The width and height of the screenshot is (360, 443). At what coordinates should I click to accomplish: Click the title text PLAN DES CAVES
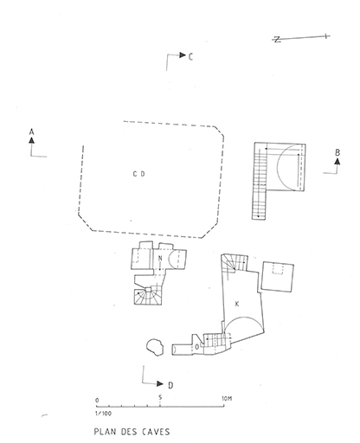132,432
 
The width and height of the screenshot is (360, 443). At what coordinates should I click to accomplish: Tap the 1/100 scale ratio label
103,414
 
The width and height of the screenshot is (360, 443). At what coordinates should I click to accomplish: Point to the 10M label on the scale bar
227,399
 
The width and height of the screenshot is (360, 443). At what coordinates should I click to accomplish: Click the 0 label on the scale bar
97,401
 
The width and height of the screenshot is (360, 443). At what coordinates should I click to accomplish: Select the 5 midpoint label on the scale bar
160,397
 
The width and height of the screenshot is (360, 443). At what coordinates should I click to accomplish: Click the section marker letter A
32,132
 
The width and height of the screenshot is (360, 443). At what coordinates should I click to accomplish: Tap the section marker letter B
337,152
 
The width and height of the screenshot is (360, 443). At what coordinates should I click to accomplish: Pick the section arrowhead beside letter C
183,55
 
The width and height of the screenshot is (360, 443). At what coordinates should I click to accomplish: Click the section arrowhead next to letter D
160,383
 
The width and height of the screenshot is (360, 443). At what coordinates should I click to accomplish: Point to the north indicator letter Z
277,40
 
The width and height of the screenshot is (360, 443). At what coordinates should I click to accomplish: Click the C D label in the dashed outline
138,174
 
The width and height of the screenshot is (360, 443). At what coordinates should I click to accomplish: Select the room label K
237,304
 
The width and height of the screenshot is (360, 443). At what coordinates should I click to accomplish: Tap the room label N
160,258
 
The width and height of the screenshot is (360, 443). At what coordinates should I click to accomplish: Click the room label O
197,347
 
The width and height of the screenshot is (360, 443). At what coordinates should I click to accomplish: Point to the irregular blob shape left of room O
155,347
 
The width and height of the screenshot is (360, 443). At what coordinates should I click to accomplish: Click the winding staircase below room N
148,296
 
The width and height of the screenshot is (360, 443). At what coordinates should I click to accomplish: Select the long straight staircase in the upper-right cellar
259,182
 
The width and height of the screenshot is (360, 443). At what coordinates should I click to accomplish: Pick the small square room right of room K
278,277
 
